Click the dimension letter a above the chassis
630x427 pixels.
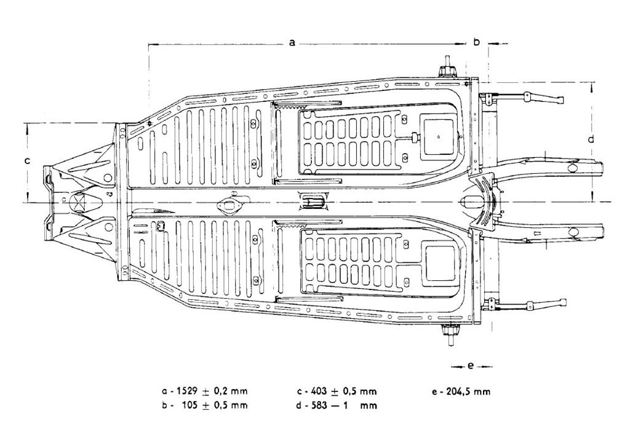[292, 42]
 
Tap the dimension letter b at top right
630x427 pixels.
[476, 42]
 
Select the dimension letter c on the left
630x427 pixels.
[27, 161]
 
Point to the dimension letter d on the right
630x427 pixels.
[591, 139]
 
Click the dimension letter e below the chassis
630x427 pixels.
[471, 366]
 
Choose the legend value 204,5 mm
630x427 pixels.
[466, 391]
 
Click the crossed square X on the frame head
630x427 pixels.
[79, 201]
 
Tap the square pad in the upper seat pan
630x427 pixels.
[437, 135]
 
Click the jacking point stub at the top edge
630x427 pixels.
[447, 67]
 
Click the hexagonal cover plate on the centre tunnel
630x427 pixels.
[231, 204]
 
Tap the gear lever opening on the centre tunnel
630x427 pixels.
[312, 200]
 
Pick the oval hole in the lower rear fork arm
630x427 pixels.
[575, 232]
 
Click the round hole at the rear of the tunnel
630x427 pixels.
[469, 201]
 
